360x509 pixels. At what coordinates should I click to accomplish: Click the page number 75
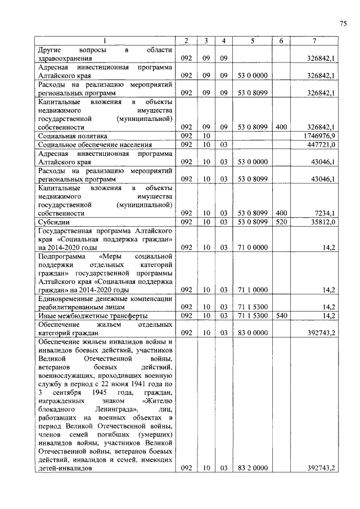pyautogui.click(x=343, y=23)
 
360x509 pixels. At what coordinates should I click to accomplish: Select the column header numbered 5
pyautogui.click(x=253, y=40)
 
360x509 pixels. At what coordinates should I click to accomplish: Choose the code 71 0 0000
pyautogui.click(x=253, y=247)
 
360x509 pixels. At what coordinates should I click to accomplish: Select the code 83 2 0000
pyautogui.click(x=253, y=468)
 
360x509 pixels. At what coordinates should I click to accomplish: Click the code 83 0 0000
pyautogui.click(x=253, y=333)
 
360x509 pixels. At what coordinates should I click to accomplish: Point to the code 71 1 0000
pyautogui.click(x=253, y=290)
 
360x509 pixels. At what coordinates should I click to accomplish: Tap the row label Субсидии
pyautogui.click(x=53, y=222)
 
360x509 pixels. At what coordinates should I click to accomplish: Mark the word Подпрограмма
pyautogui.click(x=60, y=256)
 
